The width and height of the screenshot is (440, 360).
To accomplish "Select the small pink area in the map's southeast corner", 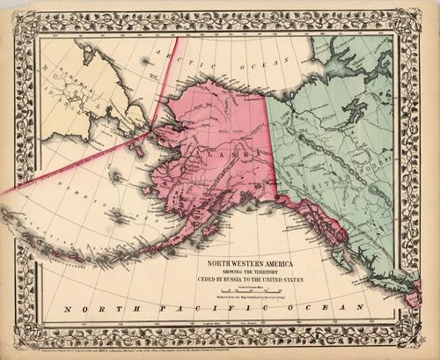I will coord(410,299).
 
